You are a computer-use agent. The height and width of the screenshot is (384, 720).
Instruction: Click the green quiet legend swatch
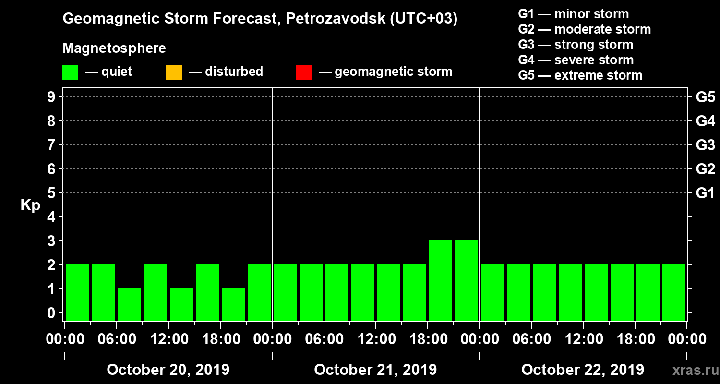tap(70, 72)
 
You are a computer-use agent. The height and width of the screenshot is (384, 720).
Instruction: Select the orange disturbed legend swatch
tap(174, 72)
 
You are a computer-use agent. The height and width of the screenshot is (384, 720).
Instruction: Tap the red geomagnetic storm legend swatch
tap(303, 72)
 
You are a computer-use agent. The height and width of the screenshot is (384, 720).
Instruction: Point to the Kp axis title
tap(30, 205)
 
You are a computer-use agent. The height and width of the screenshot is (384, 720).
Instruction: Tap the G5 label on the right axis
tap(705, 97)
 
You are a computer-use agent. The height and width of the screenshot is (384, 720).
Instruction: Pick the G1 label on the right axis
tap(705, 193)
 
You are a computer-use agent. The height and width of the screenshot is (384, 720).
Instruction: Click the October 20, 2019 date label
tap(168, 370)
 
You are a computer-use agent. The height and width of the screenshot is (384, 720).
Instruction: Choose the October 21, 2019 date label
tap(375, 370)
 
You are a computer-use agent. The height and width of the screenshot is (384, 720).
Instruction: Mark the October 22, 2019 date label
tap(583, 370)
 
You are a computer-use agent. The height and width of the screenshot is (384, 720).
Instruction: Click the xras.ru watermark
tap(692, 371)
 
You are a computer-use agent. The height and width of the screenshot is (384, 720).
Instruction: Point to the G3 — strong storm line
tap(576, 45)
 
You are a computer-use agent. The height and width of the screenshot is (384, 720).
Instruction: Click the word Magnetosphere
tap(114, 48)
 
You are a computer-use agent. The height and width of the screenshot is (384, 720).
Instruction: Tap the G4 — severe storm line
tap(576, 60)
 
